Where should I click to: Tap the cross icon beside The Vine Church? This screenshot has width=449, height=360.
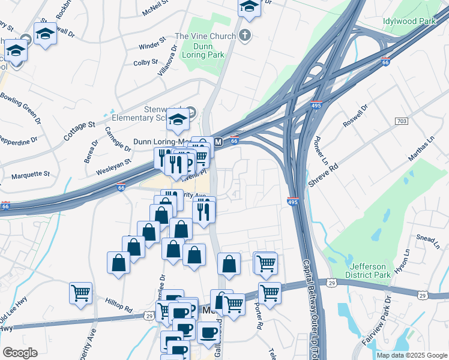(x=244, y=36)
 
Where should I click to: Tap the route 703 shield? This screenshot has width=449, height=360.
(x=402, y=122)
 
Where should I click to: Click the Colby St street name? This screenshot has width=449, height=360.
(x=145, y=62)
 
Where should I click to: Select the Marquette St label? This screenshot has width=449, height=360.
(x=31, y=175)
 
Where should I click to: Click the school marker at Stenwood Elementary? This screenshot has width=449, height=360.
(x=178, y=120)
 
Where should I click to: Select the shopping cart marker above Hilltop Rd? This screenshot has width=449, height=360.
(x=80, y=292)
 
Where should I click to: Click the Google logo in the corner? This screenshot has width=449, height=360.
(x=20, y=353)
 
